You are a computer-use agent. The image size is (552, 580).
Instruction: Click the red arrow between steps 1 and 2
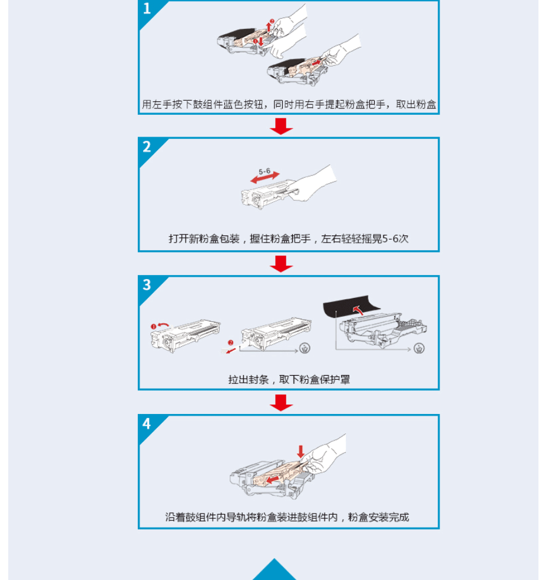coord(281,127)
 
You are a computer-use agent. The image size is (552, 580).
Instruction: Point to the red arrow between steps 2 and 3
coord(281,264)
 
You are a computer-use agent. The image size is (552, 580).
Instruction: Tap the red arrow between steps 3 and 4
coord(281,403)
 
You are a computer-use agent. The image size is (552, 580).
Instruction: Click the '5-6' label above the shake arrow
coord(264,171)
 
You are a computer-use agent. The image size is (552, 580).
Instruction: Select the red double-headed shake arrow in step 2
coord(265,178)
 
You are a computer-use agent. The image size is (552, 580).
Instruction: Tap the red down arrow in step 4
coord(300,452)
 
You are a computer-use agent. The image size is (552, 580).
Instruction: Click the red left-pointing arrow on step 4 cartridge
coord(273,480)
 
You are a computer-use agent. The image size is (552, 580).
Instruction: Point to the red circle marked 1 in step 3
coord(153,327)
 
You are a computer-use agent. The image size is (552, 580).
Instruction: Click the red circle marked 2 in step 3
coord(230,343)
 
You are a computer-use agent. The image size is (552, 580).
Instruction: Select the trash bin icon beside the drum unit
coord(419,349)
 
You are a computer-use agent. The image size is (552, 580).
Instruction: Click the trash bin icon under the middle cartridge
coord(305,348)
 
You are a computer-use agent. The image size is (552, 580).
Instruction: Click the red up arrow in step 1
coord(269,26)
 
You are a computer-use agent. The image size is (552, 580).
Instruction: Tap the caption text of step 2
coord(289,239)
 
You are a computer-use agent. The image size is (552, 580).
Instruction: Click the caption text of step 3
coord(289,380)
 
